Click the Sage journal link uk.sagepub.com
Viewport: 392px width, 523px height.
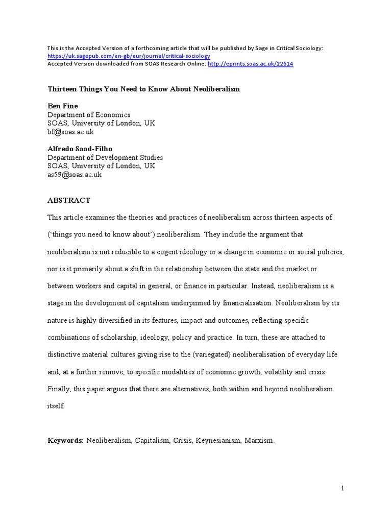pyautogui.click(x=129, y=56)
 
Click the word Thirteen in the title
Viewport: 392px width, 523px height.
pyautogui.click(x=63, y=89)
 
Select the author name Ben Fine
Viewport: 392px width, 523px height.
pyautogui.click(x=63, y=106)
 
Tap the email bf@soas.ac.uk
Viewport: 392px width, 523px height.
pyautogui.click(x=70, y=132)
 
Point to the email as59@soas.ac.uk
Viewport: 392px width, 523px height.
pyautogui.click(x=75, y=175)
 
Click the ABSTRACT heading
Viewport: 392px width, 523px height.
pyautogui.click(x=69, y=201)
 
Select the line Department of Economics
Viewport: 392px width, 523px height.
pyautogui.click(x=89, y=115)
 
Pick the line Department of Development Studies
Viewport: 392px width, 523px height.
pyautogui.click(x=105, y=158)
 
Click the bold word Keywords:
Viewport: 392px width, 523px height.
pyautogui.click(x=65, y=440)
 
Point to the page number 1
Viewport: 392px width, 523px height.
pyautogui.click(x=343, y=488)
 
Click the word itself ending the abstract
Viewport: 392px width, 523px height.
pyautogui.click(x=56, y=407)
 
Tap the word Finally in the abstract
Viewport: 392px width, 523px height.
pyautogui.click(x=59, y=389)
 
